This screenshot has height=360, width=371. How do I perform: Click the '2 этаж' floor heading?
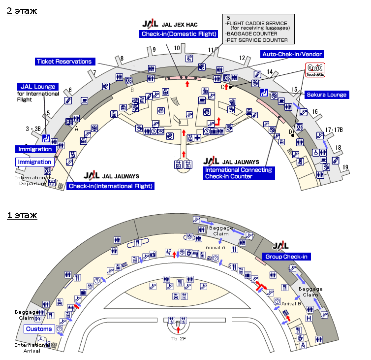[x=21, y=10]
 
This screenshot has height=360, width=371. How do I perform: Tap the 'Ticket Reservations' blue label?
[x=64, y=62]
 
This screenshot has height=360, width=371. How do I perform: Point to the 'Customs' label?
[x=39, y=329]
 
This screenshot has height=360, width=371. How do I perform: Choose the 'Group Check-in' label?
[x=286, y=257]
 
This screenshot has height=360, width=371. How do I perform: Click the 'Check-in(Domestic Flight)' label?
[x=179, y=34]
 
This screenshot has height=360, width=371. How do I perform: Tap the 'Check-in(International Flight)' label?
[x=111, y=186]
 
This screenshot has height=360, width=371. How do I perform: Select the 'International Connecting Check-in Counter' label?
[x=238, y=173]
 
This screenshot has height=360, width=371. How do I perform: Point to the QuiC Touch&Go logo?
[x=315, y=70]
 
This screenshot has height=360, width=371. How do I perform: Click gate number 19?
[x=345, y=167]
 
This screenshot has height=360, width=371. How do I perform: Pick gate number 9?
[x=154, y=49]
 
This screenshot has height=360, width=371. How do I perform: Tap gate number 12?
[x=242, y=58]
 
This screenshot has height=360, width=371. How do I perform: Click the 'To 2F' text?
[x=178, y=338]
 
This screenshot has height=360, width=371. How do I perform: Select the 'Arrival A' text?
[x=216, y=247]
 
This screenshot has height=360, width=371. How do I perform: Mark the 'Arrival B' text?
[x=291, y=303]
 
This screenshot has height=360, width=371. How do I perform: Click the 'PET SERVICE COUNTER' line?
[x=256, y=40]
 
